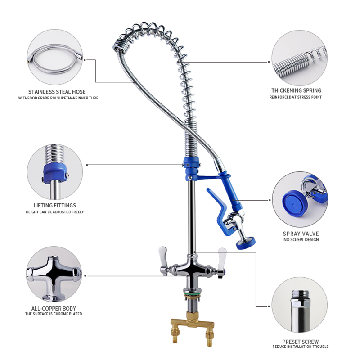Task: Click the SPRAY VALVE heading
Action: point(301,234)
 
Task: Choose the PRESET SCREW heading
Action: point(300,342)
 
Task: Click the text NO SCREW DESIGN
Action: point(301,240)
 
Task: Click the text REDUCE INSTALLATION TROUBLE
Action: point(300,347)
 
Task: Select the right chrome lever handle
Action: point(222,256)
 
